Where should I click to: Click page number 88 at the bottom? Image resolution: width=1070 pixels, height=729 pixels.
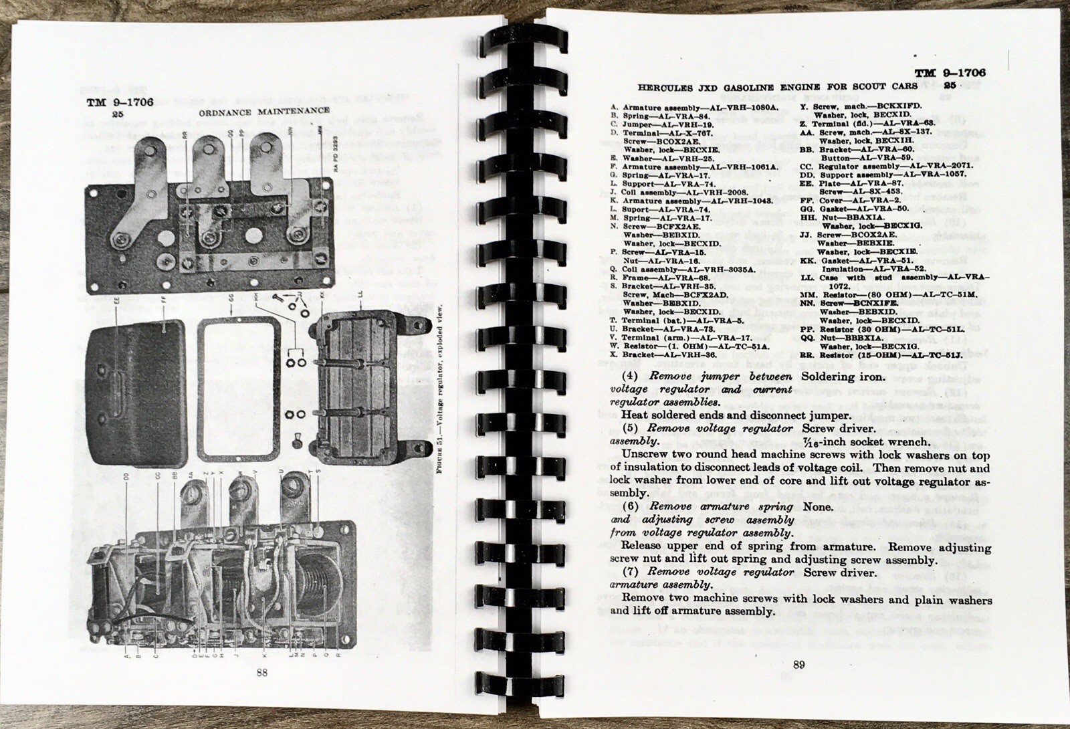[261, 673]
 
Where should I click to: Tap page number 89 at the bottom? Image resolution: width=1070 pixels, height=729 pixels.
[798, 663]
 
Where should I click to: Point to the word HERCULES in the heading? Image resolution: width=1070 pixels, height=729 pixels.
[666, 88]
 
